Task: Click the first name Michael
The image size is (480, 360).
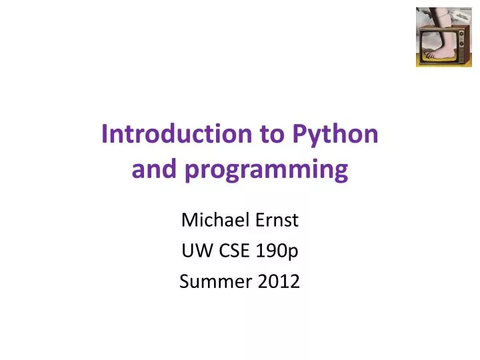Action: pyautogui.click(x=212, y=219)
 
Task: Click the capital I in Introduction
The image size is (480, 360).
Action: pyautogui.click(x=105, y=135)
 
